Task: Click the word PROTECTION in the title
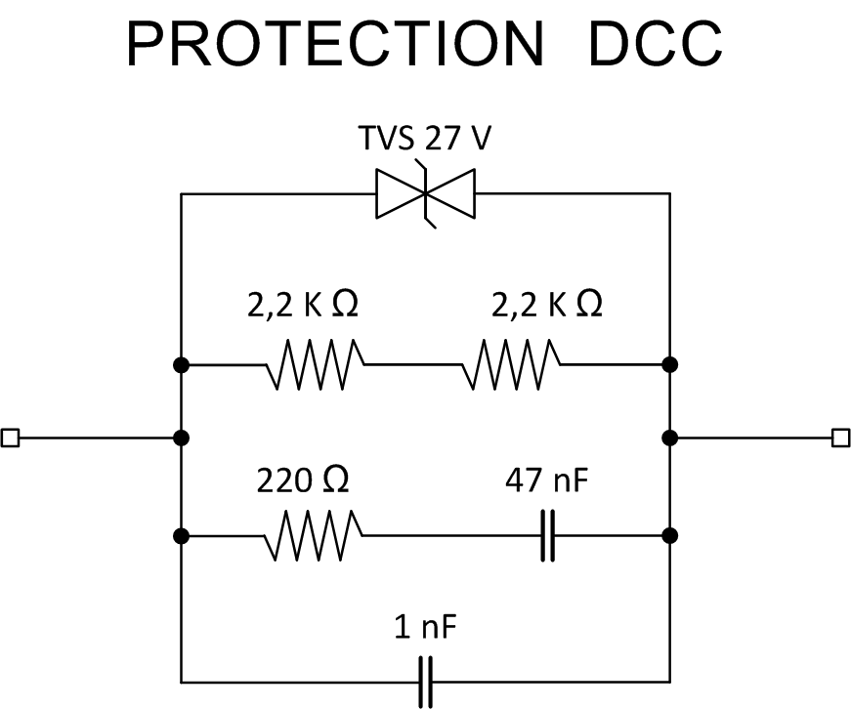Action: pyautogui.click(x=333, y=44)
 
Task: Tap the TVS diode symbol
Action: pyautogui.click(x=425, y=194)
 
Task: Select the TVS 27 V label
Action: pyautogui.click(x=425, y=142)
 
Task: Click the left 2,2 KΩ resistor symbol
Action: pyautogui.click(x=315, y=364)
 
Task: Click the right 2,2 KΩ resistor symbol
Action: pyautogui.click(x=511, y=364)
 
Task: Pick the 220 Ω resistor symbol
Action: pyautogui.click(x=315, y=535)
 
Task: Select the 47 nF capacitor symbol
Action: pyautogui.click(x=549, y=535)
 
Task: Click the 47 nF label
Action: pyautogui.click(x=546, y=480)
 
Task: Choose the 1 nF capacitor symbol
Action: pyautogui.click(x=425, y=681)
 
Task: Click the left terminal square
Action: pyautogui.click(x=10, y=438)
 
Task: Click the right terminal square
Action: pyautogui.click(x=840, y=438)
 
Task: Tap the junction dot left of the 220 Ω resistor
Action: pyautogui.click(x=181, y=535)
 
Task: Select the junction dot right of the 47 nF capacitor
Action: pyautogui.click(x=669, y=535)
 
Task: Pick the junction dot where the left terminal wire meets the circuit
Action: pyautogui.click(x=181, y=438)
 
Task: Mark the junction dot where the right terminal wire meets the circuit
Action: pyautogui.click(x=669, y=438)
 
